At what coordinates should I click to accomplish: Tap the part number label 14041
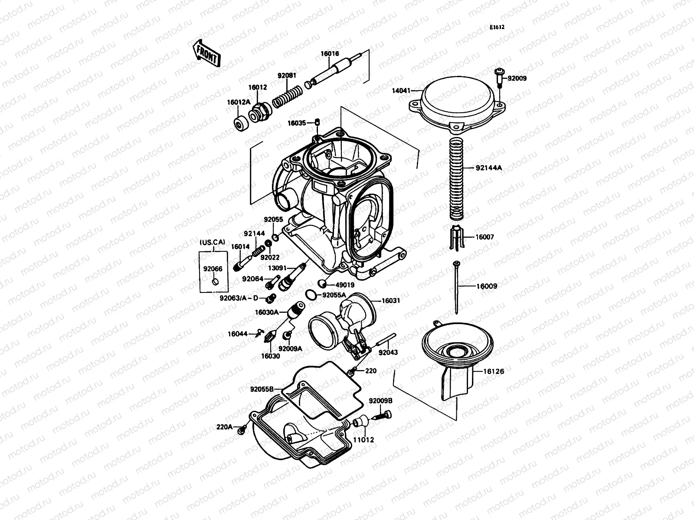(x=402, y=91)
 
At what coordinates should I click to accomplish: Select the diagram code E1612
(x=497, y=27)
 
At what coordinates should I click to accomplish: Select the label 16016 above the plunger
(x=330, y=54)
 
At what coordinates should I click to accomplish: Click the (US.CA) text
(x=212, y=242)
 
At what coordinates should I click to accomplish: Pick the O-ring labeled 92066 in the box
(x=214, y=283)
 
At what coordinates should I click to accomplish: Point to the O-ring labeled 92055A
(x=310, y=295)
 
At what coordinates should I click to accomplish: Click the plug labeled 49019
(x=322, y=284)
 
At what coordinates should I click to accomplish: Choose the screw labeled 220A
(x=241, y=431)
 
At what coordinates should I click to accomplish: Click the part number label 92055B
(x=261, y=389)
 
